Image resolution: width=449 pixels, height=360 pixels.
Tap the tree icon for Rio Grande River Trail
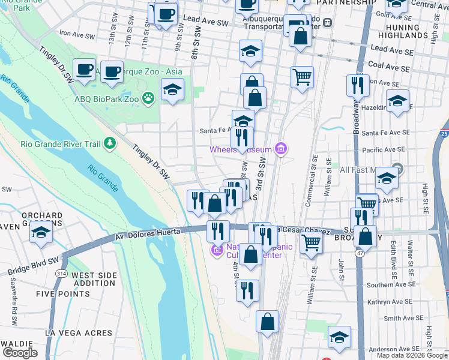point(109,143)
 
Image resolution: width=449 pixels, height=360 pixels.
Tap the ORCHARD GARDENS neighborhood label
point(41,215)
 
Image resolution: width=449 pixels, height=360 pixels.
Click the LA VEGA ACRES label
point(78,333)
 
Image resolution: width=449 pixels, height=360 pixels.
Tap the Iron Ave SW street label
point(77,35)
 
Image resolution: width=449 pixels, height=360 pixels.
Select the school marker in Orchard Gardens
point(41,233)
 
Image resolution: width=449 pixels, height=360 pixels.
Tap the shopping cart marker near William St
point(310,243)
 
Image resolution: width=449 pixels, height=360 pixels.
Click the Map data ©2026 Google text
point(412,355)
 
